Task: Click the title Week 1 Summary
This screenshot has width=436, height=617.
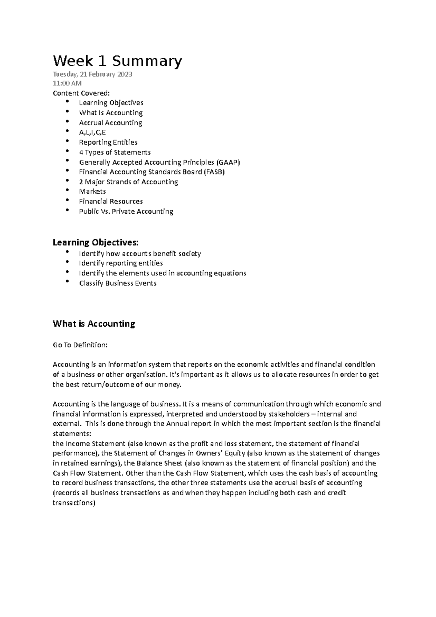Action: click(117, 61)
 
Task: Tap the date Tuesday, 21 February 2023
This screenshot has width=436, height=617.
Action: click(92, 74)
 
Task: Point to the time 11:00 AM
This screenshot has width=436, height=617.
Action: click(67, 83)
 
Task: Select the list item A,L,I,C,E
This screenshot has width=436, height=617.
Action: click(92, 133)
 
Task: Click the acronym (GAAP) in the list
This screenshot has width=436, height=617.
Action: click(228, 162)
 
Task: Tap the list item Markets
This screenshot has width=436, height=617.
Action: click(92, 191)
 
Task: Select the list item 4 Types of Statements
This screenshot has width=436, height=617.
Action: click(114, 152)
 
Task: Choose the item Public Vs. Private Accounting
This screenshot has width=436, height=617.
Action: click(126, 211)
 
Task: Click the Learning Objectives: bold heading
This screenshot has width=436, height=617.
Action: click(96, 242)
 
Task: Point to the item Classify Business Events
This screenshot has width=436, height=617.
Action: click(117, 283)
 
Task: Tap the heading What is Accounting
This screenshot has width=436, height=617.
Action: click(94, 324)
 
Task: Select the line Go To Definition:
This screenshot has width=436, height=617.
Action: click(80, 345)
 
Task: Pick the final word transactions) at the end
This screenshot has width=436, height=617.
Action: click(74, 503)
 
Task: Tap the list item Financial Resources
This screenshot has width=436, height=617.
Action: click(111, 201)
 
